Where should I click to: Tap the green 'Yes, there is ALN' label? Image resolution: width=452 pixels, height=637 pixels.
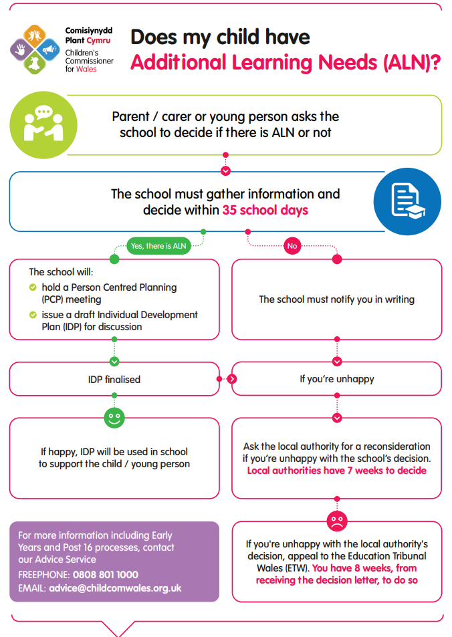[x=158, y=246]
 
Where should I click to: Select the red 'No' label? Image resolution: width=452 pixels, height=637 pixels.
[x=292, y=246]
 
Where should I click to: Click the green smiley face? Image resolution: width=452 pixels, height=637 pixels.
[x=114, y=418]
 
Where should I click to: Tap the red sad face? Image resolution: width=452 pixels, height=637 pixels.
[x=336, y=519]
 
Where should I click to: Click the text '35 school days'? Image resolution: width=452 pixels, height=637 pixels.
[x=265, y=210]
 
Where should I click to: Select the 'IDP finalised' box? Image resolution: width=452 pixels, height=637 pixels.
[x=114, y=379]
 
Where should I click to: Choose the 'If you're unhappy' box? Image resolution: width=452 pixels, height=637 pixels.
[x=336, y=379]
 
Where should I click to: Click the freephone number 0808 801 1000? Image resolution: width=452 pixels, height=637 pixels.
[x=106, y=575]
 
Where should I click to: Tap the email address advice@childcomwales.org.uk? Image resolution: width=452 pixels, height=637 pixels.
[x=115, y=589]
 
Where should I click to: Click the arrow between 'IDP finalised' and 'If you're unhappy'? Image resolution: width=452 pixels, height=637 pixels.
[x=232, y=379]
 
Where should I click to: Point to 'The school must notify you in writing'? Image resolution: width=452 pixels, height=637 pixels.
[x=336, y=299]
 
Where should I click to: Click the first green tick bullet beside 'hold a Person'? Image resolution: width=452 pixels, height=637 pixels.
[x=33, y=287]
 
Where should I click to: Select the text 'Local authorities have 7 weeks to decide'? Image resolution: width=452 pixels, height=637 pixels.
[x=336, y=471]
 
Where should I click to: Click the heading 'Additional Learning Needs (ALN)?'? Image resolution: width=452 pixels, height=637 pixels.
[x=285, y=62]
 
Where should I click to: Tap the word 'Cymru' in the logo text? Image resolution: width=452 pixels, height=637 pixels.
[x=98, y=40]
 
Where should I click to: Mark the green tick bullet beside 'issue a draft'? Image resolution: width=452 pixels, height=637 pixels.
[x=33, y=315]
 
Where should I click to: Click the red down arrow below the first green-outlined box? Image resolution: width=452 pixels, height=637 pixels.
[x=225, y=171]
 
